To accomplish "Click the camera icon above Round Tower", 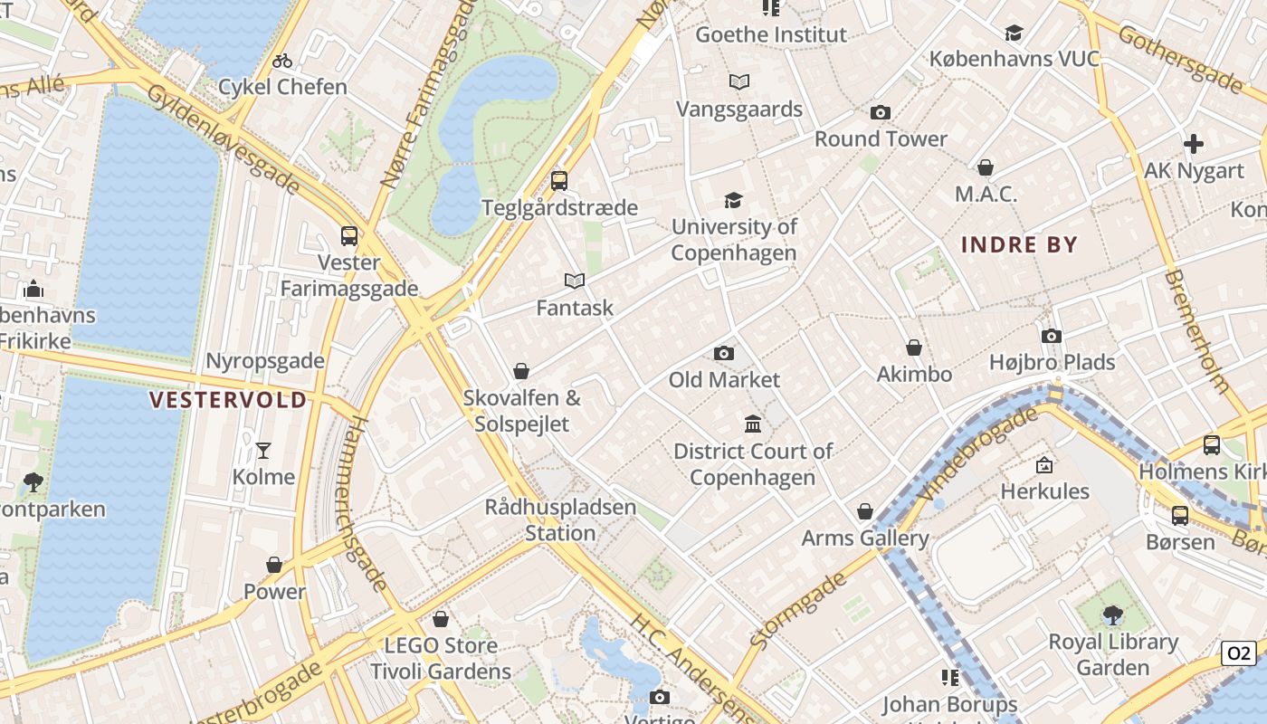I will coord(880,113).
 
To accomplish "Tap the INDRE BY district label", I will coord(1019,244).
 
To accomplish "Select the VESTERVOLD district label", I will coord(228,400).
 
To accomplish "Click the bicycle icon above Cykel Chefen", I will coord(282,61).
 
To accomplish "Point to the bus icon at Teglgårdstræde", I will coord(559,180).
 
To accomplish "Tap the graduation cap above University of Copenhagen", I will coord(733,200).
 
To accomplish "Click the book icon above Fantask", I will coord(575,281).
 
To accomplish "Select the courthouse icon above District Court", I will coord(752,424).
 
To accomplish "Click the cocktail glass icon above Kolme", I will coord(263,450).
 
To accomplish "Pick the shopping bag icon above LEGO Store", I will coord(441,619).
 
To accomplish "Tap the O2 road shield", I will coord(1238,653).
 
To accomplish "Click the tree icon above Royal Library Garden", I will coord(1112,615).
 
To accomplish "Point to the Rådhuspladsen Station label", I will coord(560,519).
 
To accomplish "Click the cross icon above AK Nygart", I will coord(1194,144).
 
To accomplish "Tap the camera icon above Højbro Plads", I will coord(1051,336).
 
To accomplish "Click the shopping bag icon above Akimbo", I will coord(914,348).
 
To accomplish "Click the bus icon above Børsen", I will coord(1180,515).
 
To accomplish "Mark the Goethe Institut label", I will coord(771,35).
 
